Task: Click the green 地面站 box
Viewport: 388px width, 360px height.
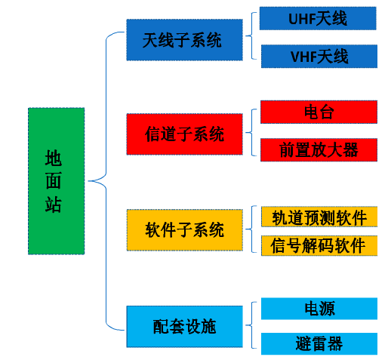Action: click(x=56, y=181)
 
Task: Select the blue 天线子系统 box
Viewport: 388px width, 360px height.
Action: click(x=184, y=40)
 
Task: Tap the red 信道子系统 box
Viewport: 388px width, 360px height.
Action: click(x=184, y=134)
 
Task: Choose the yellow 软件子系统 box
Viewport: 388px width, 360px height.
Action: click(x=185, y=229)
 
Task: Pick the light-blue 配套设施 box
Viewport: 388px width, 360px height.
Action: click(x=184, y=327)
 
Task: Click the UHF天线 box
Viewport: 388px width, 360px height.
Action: click(x=318, y=18)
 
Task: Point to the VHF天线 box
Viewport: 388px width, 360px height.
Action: click(x=319, y=56)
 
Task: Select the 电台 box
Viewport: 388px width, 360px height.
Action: click(x=319, y=112)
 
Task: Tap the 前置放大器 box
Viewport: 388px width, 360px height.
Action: click(x=319, y=149)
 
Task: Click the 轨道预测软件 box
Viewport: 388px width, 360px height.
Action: click(x=319, y=217)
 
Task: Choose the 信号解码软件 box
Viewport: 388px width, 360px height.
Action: click(x=319, y=245)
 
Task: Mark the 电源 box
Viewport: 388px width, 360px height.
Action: click(x=319, y=309)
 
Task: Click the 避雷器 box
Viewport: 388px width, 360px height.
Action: click(x=319, y=343)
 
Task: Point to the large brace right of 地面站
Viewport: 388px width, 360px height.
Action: click(x=106, y=181)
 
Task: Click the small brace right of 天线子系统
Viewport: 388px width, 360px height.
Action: click(x=251, y=35)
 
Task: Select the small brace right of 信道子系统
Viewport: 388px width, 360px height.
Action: click(x=251, y=132)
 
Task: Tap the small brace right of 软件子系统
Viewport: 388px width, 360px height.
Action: click(x=251, y=229)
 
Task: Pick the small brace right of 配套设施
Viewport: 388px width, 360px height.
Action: click(x=251, y=325)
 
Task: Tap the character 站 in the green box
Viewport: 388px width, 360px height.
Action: click(x=54, y=205)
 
